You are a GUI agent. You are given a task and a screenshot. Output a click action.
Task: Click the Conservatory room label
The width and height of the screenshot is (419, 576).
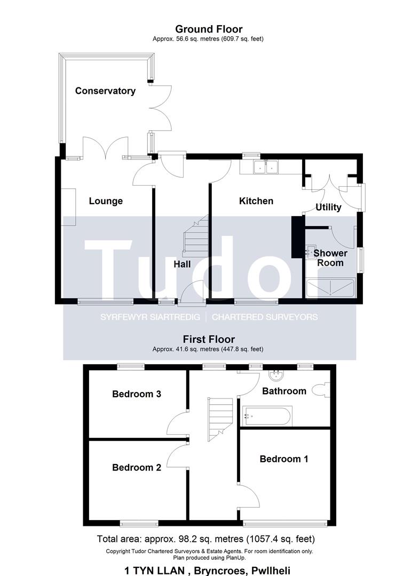(x=105, y=91)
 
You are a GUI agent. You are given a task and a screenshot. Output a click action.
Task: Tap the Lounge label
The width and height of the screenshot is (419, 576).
(x=106, y=201)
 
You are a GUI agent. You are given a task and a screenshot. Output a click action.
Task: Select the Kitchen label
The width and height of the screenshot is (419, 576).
(x=256, y=201)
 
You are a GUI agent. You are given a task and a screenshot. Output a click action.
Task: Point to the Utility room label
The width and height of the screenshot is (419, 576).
(x=329, y=207)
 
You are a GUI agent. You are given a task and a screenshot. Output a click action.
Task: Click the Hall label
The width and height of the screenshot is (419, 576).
(x=183, y=264)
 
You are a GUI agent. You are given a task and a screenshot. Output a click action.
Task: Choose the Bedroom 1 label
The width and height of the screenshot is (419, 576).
(x=284, y=459)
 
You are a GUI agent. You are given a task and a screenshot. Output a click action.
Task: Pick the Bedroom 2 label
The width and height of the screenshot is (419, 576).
(x=137, y=467)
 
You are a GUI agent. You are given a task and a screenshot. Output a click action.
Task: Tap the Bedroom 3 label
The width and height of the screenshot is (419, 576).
(x=137, y=394)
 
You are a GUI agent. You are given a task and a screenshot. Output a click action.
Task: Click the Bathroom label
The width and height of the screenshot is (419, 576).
(x=284, y=391)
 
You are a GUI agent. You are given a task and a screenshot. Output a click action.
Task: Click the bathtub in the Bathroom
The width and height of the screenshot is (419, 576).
(x=267, y=416)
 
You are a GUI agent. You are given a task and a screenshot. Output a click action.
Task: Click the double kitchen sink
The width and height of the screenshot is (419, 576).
(x=266, y=167)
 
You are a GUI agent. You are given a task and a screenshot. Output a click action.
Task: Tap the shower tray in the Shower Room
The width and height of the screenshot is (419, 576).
(x=330, y=287)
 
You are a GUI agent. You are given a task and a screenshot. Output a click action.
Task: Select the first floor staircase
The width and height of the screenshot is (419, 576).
(x=220, y=419)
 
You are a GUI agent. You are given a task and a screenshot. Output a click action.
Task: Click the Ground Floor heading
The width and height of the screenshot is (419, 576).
(x=209, y=29)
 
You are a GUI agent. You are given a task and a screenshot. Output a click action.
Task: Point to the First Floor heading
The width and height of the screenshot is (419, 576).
(x=209, y=339)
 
